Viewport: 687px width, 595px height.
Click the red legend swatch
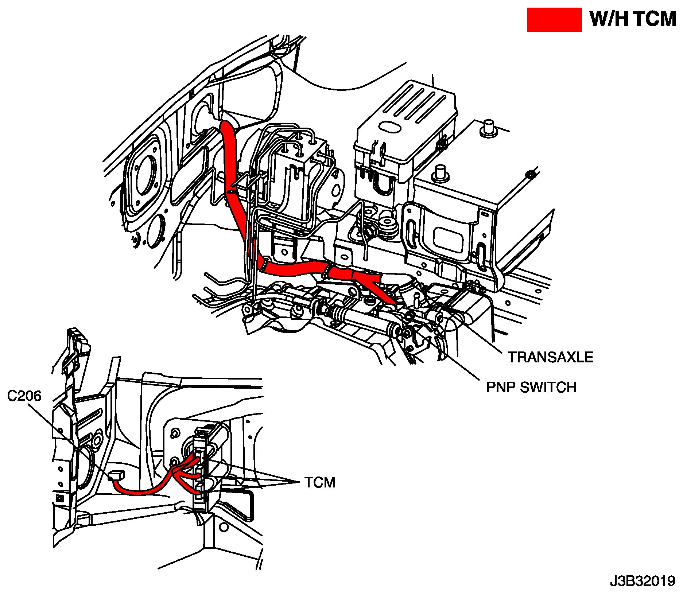554,20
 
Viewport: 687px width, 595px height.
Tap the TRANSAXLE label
551,357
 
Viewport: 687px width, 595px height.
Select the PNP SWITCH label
531,387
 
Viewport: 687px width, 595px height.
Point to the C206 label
24,396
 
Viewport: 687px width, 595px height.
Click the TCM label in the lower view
320,482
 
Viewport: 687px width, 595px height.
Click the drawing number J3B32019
643,580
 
